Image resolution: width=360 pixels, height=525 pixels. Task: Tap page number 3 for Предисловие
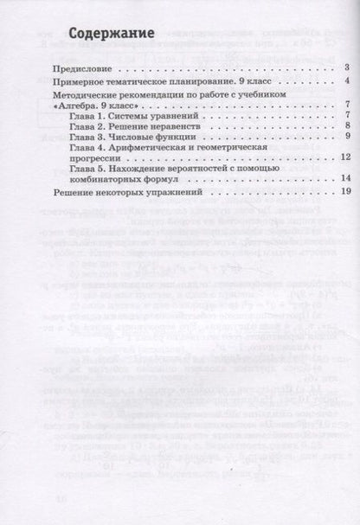(344, 67)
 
